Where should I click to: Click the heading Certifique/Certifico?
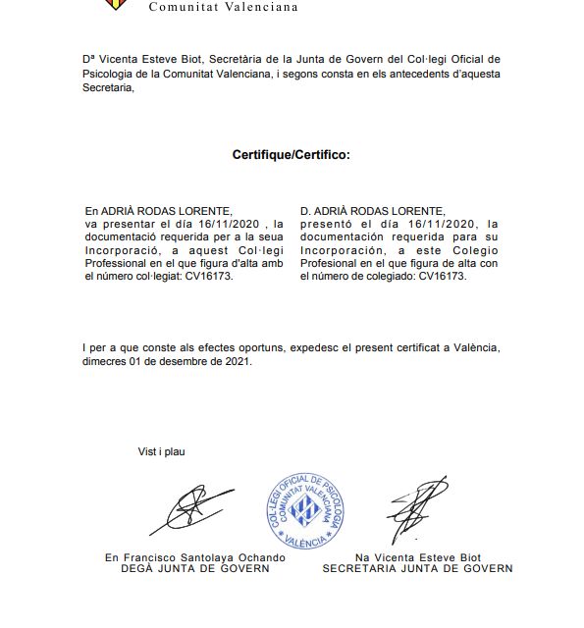point(291,155)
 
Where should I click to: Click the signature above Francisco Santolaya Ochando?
point(191,510)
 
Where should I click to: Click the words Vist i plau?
point(161,452)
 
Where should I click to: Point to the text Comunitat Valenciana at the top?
point(222,6)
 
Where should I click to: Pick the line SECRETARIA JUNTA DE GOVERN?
point(417,568)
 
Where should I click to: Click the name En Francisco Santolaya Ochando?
point(195,557)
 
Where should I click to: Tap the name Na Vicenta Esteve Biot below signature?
point(418,557)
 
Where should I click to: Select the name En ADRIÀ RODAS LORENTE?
point(158,211)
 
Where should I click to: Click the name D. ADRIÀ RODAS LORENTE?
point(372,211)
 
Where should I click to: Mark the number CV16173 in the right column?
point(443,277)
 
